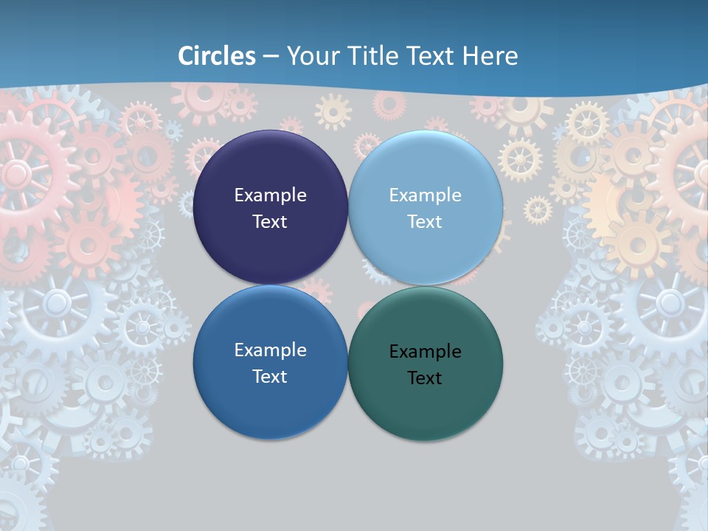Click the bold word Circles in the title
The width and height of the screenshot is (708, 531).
click(x=217, y=56)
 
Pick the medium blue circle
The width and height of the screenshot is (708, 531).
click(x=270, y=398)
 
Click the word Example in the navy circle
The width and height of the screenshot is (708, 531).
click(x=270, y=195)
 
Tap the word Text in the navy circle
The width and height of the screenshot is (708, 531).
click(x=270, y=222)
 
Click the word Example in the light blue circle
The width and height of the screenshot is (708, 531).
click(x=425, y=195)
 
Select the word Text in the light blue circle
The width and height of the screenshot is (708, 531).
click(x=425, y=222)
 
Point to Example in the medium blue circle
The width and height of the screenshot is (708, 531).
click(x=270, y=350)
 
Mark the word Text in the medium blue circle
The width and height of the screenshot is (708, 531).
click(x=270, y=377)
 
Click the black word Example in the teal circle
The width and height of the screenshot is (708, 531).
click(x=425, y=352)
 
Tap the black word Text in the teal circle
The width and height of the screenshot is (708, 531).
click(x=425, y=378)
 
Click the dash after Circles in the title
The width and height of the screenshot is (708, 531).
click(x=270, y=57)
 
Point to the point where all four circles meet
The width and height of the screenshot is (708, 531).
click(x=348, y=285)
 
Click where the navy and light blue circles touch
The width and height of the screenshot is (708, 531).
click(x=348, y=208)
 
